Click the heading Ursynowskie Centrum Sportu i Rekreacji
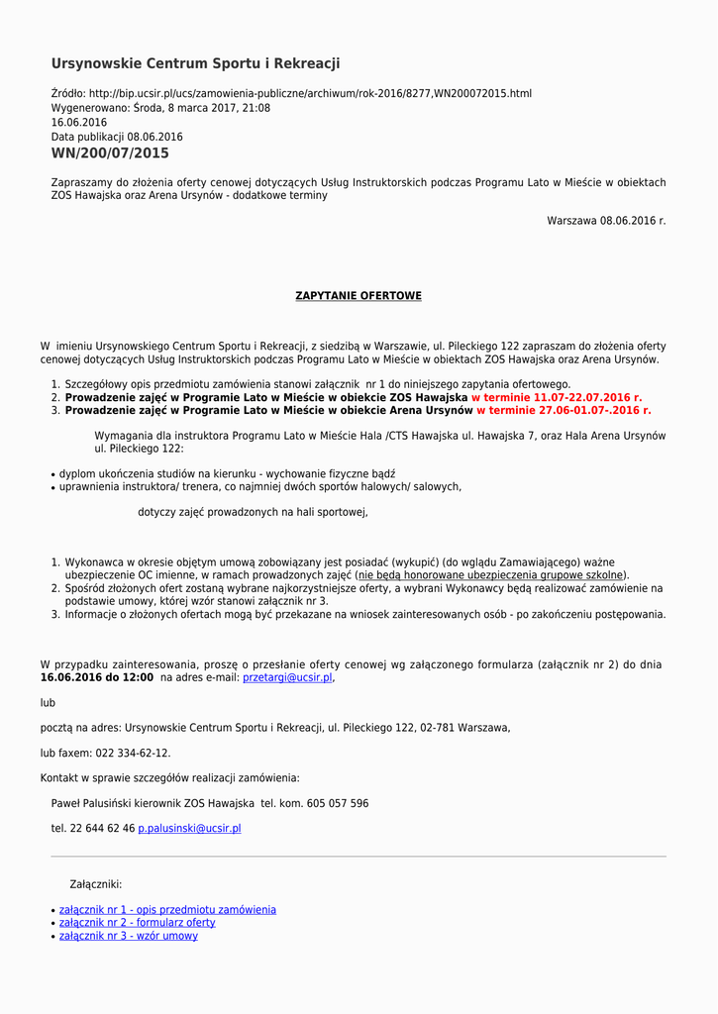[195, 63]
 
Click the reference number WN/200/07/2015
[110, 153]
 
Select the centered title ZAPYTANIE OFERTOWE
[359, 296]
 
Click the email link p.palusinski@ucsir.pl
[189, 828]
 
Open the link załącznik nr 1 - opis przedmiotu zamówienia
[167, 910]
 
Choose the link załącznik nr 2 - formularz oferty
[137, 923]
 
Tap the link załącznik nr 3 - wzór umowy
[128, 936]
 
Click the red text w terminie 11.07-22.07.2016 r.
[556, 397]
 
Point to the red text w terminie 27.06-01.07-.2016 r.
[564, 410]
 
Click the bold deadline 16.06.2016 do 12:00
[97, 678]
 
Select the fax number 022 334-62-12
[133, 753]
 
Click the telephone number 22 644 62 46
[102, 828]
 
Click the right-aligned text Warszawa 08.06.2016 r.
[606, 221]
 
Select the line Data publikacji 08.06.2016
[117, 137]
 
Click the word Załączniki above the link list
[96, 884]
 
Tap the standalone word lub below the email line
[48, 703]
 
